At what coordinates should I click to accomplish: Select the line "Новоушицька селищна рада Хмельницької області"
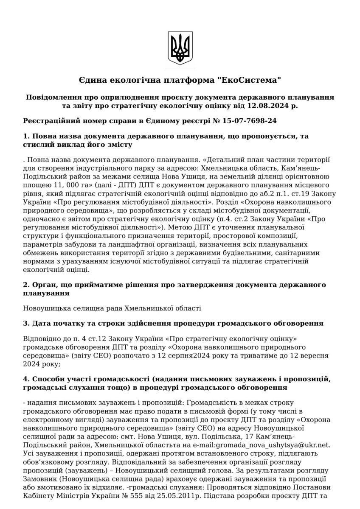click(112, 308)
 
